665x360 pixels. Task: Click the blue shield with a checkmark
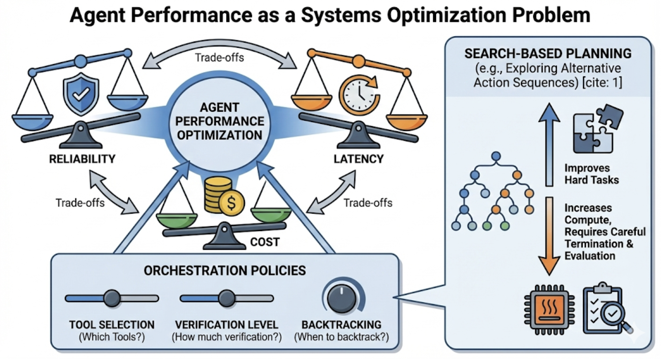81,94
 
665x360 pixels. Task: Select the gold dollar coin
231,203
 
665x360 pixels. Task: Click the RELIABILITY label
82,159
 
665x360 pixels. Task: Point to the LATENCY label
358,159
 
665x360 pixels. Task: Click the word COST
265,242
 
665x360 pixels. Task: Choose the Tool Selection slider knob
112,298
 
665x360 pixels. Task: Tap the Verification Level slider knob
226,298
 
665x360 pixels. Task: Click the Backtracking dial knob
342,299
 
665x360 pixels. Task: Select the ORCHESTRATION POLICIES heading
225,271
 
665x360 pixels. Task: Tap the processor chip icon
549,310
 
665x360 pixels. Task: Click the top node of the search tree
496,156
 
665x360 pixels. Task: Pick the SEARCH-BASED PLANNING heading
548,54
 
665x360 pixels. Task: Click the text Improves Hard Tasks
591,174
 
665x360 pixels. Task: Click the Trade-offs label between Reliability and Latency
219,58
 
